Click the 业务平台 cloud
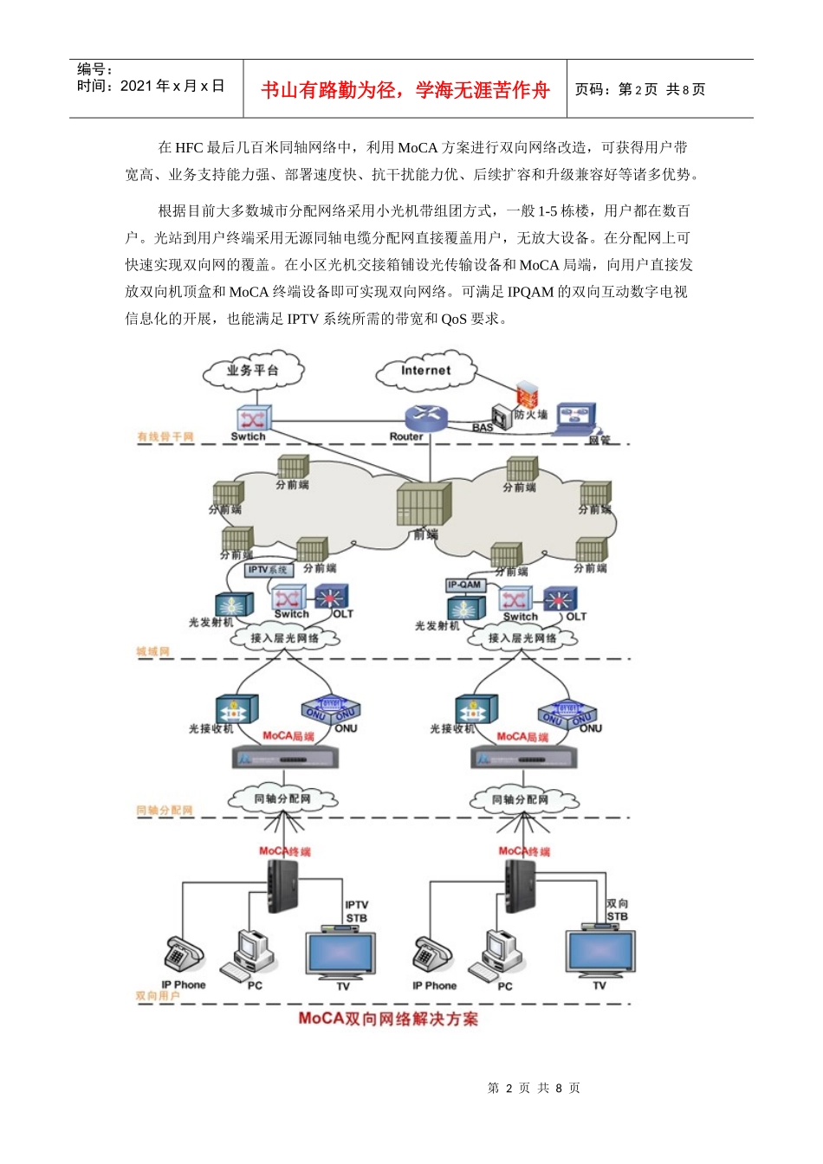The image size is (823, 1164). click(253, 371)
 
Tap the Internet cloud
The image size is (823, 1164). click(425, 371)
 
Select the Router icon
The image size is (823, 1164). click(424, 417)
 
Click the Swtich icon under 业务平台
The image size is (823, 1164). click(252, 418)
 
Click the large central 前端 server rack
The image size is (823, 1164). click(423, 504)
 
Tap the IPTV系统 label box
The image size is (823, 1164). click(268, 570)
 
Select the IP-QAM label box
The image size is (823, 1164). click(464, 585)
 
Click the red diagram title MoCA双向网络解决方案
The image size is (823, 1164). click(388, 1018)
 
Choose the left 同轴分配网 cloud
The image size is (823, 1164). click(282, 799)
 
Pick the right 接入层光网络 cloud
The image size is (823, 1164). click(522, 638)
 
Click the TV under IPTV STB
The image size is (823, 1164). click(340, 954)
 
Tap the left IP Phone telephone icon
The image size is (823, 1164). click(183, 954)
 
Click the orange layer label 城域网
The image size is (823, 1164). click(153, 651)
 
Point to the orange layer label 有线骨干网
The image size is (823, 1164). click(165, 437)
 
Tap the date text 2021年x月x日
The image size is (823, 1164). click(172, 86)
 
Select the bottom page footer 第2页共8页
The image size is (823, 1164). click(534, 1088)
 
